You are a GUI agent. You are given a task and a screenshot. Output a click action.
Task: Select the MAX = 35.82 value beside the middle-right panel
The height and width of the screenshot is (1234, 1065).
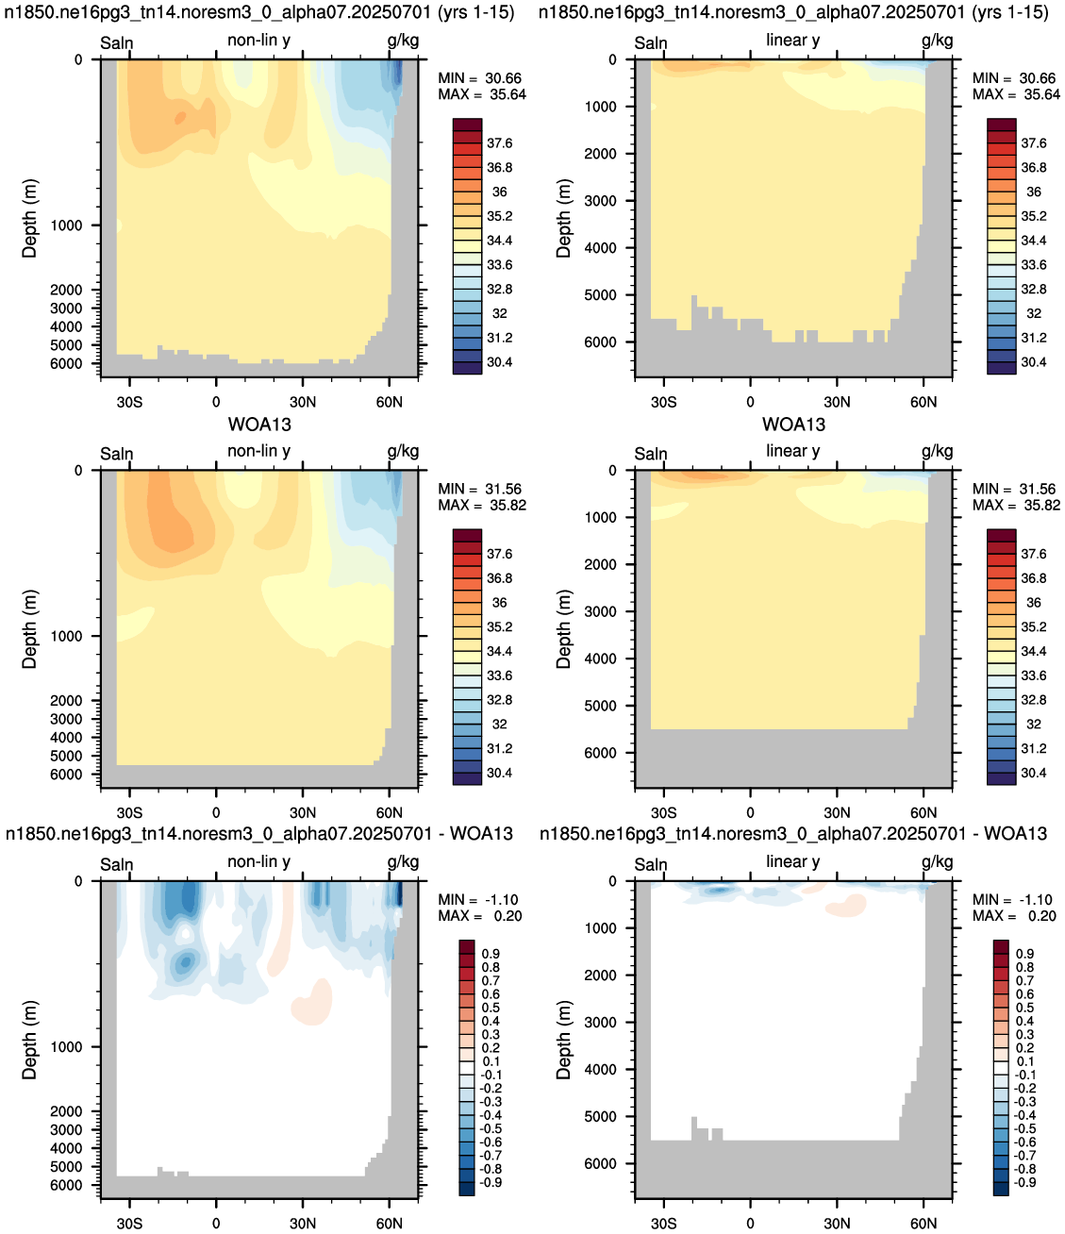click(x=1016, y=505)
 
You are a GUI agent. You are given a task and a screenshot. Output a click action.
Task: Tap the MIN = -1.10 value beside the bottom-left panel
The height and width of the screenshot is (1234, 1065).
click(x=477, y=900)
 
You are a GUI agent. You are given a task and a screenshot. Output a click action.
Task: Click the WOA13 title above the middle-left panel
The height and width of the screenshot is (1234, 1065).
click(x=259, y=425)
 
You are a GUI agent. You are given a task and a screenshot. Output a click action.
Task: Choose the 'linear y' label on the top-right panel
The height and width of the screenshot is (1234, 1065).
click(x=792, y=40)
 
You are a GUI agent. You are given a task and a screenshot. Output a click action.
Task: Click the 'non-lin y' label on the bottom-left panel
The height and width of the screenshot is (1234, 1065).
click(x=258, y=861)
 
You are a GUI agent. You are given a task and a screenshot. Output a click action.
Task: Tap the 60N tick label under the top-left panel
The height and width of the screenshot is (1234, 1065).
click(x=390, y=402)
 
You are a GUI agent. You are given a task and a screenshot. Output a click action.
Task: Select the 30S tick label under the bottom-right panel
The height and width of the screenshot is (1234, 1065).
click(x=664, y=1224)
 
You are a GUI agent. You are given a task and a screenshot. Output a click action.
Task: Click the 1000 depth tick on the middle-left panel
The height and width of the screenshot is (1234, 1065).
click(x=66, y=637)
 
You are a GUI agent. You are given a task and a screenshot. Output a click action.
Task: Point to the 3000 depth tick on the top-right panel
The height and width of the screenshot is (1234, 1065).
click(x=601, y=201)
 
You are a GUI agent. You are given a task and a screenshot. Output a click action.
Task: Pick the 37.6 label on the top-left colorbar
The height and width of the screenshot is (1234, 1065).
click(x=499, y=142)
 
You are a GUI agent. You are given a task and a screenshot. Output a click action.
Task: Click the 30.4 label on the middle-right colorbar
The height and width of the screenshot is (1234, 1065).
click(x=1033, y=773)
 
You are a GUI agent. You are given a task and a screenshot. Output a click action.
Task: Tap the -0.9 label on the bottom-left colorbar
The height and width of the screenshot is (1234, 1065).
click(x=491, y=1182)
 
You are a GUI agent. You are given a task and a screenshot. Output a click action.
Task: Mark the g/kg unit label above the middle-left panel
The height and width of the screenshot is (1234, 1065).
click(x=403, y=451)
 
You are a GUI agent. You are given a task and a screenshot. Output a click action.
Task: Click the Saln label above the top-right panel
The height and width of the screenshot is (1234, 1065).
click(x=651, y=43)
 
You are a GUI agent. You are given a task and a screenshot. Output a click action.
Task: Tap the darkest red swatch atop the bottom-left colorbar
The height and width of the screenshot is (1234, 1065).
click(x=467, y=947)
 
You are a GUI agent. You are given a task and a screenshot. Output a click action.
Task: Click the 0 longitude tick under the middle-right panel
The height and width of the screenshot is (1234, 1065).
click(x=750, y=812)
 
